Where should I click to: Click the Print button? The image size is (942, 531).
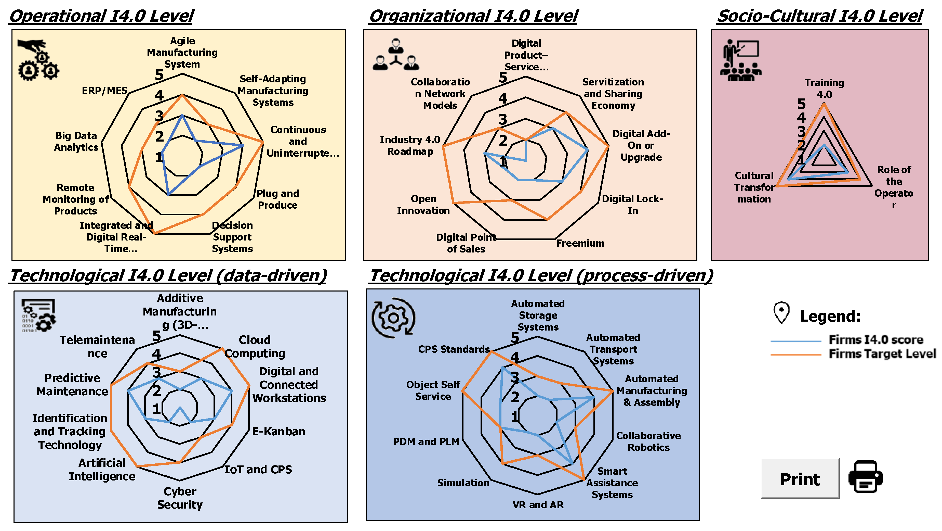click(800, 479)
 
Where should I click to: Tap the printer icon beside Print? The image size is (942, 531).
click(865, 477)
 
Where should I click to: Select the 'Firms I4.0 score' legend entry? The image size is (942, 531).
click(875, 340)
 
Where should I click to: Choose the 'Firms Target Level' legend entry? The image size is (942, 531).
click(882, 354)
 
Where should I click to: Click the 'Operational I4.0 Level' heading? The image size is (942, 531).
click(102, 17)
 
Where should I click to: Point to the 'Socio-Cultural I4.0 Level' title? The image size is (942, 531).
click(820, 17)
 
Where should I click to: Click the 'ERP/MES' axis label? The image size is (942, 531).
click(104, 91)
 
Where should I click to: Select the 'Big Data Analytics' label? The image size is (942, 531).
click(76, 141)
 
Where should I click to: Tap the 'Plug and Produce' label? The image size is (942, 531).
click(277, 199)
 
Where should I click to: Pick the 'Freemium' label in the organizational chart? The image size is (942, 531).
click(580, 243)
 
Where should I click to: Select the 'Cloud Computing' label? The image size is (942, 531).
click(255, 347)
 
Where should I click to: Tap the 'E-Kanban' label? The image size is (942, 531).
click(278, 432)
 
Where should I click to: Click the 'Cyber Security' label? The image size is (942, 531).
click(180, 498)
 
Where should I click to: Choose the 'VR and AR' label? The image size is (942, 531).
click(538, 505)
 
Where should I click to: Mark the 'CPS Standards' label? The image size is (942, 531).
click(454, 349)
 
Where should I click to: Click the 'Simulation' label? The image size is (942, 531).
click(463, 483)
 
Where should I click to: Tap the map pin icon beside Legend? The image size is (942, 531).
click(781, 312)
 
